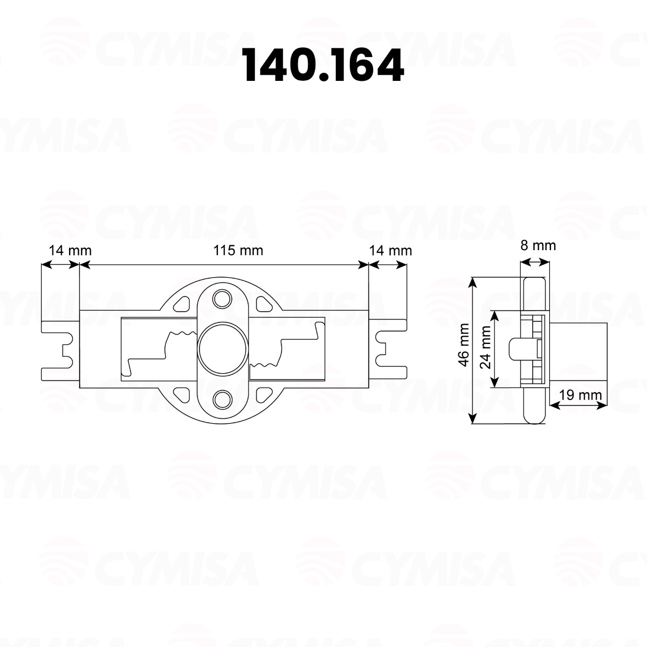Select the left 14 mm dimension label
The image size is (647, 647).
(70, 250)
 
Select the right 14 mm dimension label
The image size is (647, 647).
(390, 250)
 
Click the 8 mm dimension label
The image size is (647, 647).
(538, 245)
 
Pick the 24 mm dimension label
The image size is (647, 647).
(485, 349)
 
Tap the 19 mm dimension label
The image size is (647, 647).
(580, 394)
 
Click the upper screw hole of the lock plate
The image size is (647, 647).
(221, 298)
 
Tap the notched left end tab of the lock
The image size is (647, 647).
(60, 349)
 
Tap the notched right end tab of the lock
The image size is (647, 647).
(388, 349)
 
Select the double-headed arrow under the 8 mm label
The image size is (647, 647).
(534, 263)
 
